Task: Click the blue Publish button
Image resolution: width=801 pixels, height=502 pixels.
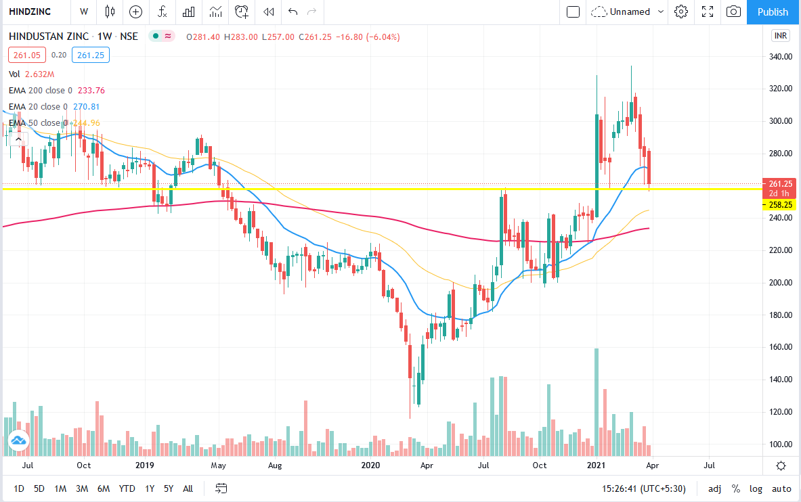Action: tap(773, 12)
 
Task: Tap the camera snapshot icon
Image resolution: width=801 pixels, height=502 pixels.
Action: tap(733, 12)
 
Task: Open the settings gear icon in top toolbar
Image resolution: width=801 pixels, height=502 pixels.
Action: tap(681, 12)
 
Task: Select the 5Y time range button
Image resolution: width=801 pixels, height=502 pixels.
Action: tap(169, 488)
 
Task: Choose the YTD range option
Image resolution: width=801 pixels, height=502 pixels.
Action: tap(127, 488)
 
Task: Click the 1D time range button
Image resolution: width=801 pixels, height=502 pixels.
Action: tap(19, 488)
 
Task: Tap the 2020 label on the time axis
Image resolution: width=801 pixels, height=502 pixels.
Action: tap(371, 465)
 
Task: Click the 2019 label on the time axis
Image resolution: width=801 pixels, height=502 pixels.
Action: tap(145, 465)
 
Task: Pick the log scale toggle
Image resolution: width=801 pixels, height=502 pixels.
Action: tap(756, 488)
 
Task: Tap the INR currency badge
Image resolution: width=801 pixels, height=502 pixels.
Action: tap(781, 36)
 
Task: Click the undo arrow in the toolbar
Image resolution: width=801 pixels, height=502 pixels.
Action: tap(293, 12)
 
